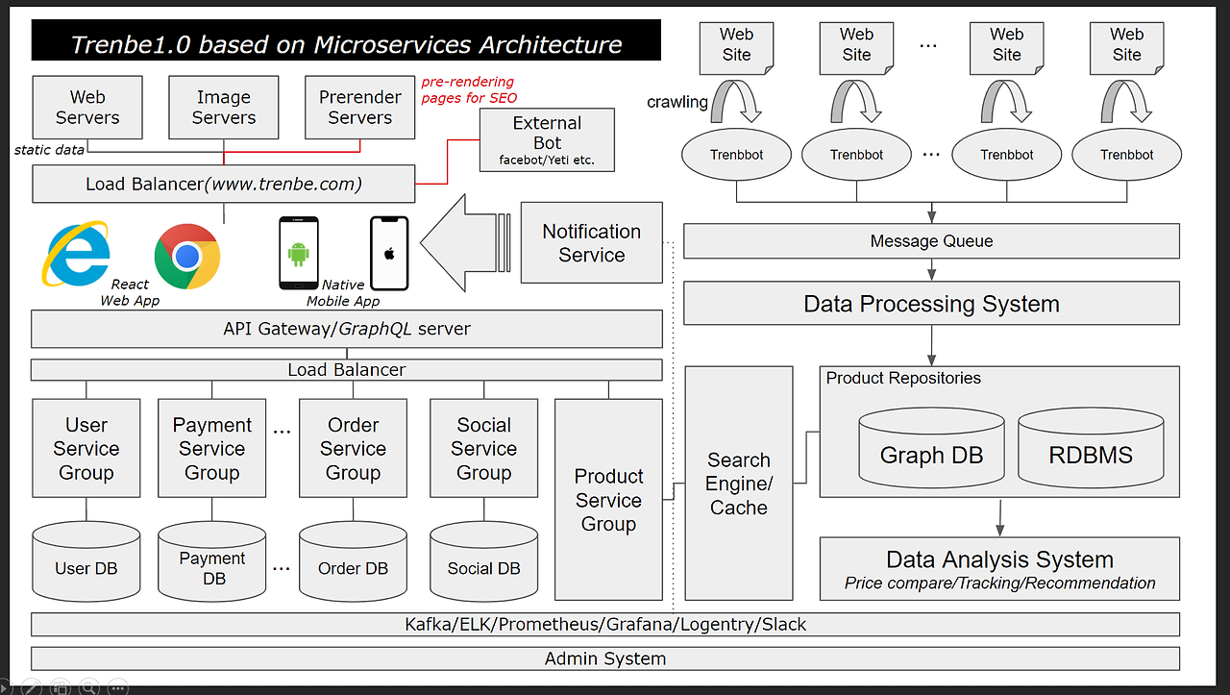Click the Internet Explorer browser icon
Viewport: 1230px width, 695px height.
point(77,254)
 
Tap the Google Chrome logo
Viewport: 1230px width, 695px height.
point(187,256)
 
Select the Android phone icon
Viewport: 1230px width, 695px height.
point(298,253)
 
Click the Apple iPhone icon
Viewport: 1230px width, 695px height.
point(389,253)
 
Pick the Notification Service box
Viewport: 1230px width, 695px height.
point(591,243)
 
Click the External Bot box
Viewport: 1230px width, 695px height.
point(547,140)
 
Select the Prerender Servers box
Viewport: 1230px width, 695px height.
point(359,107)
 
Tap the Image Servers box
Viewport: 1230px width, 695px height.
point(224,107)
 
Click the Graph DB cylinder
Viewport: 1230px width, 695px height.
point(931,448)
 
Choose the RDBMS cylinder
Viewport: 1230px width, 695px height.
point(1091,448)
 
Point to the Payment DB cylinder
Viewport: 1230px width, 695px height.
point(212,561)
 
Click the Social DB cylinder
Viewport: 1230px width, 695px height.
point(483,561)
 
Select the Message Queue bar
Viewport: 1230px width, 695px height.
point(931,240)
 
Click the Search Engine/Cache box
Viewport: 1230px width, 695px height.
point(739,484)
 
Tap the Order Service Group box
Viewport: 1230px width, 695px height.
point(353,448)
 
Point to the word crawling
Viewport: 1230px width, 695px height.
point(677,102)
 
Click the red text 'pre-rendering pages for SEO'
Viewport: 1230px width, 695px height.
point(469,90)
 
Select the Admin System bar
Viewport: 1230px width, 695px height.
point(605,658)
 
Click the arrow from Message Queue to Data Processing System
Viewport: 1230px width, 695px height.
point(931,270)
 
